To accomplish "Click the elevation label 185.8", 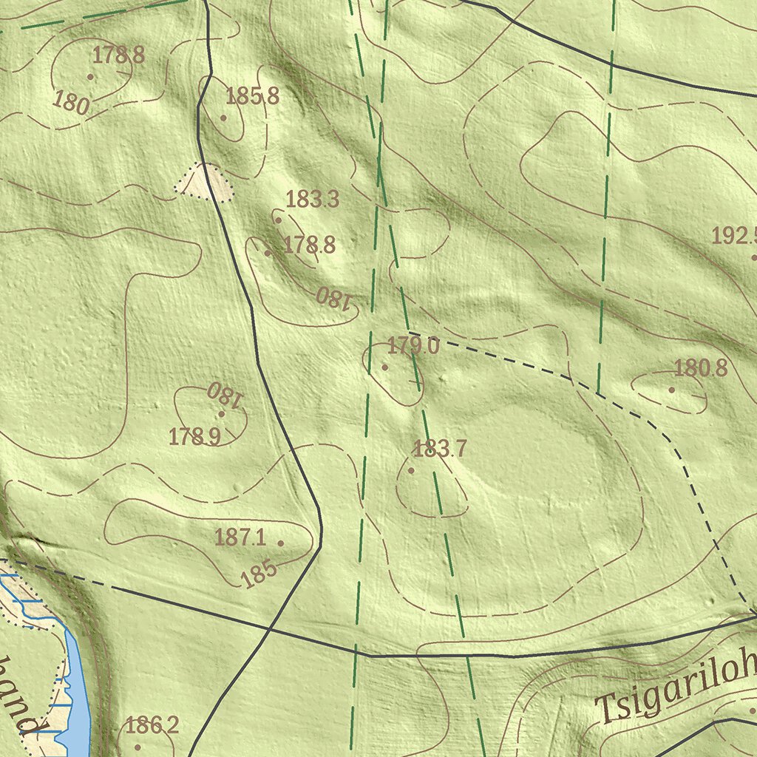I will click(252, 96).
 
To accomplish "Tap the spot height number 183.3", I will click(312, 200).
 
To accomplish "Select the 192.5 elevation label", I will click(734, 237).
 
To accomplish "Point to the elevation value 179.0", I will click(413, 346).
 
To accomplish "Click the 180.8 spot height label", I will click(700, 368).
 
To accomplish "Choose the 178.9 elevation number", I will click(194, 437).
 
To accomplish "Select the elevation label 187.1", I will click(240, 537).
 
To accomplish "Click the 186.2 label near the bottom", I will click(152, 726).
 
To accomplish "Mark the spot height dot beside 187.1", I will click(280, 543).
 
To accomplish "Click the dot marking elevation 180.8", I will click(671, 390).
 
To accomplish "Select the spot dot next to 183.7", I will click(411, 470).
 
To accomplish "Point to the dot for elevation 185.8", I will click(223, 118).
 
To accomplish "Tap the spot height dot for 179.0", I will click(384, 367).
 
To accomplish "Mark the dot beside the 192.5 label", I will click(753, 257).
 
